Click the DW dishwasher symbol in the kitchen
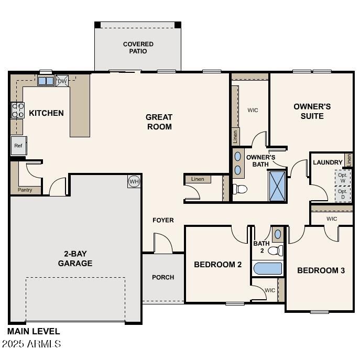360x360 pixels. [x=62, y=81]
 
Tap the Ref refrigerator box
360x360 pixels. [x=18, y=146]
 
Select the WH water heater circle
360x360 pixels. [x=134, y=181]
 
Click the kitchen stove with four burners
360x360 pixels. [x=17, y=110]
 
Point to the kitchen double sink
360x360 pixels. [x=46, y=81]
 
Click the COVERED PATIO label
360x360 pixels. [x=138, y=48]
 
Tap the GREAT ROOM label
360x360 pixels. [x=159, y=122]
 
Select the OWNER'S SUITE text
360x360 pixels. [x=312, y=111]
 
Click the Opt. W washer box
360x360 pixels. [x=343, y=178]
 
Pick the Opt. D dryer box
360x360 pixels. [x=343, y=194]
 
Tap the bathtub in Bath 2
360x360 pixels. [x=268, y=269]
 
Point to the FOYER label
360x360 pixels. [x=163, y=220]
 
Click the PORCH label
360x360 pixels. [x=163, y=277]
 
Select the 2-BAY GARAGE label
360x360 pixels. [x=75, y=259]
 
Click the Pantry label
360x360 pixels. [x=25, y=190]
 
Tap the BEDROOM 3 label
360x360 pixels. [x=321, y=270]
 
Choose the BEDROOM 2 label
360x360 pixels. [x=217, y=265]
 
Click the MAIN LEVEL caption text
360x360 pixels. [x=34, y=331]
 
